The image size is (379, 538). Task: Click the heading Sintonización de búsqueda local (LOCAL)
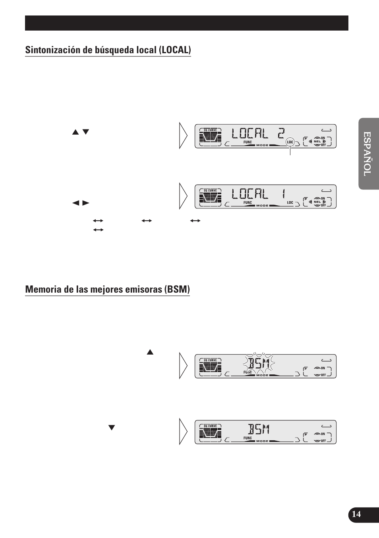(108, 50)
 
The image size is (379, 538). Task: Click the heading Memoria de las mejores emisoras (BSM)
(107, 289)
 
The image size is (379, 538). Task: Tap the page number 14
(356, 514)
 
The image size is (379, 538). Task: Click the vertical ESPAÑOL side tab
(368, 154)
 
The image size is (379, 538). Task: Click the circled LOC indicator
(290, 142)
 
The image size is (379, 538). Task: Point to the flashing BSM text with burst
(259, 363)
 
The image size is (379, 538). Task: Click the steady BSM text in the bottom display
(259, 429)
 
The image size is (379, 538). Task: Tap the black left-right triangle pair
(81, 203)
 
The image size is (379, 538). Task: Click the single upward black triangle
(150, 352)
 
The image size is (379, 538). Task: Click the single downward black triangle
(112, 428)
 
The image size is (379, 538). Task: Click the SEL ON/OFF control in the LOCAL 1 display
(317, 202)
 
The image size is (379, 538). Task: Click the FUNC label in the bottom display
(248, 438)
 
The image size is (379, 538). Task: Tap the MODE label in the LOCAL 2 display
(262, 145)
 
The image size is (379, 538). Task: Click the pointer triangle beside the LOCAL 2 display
(183, 136)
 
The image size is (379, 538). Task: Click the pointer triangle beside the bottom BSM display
(183, 431)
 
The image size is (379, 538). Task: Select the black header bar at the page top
(187, 23)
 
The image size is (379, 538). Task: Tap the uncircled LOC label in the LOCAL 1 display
(290, 202)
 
